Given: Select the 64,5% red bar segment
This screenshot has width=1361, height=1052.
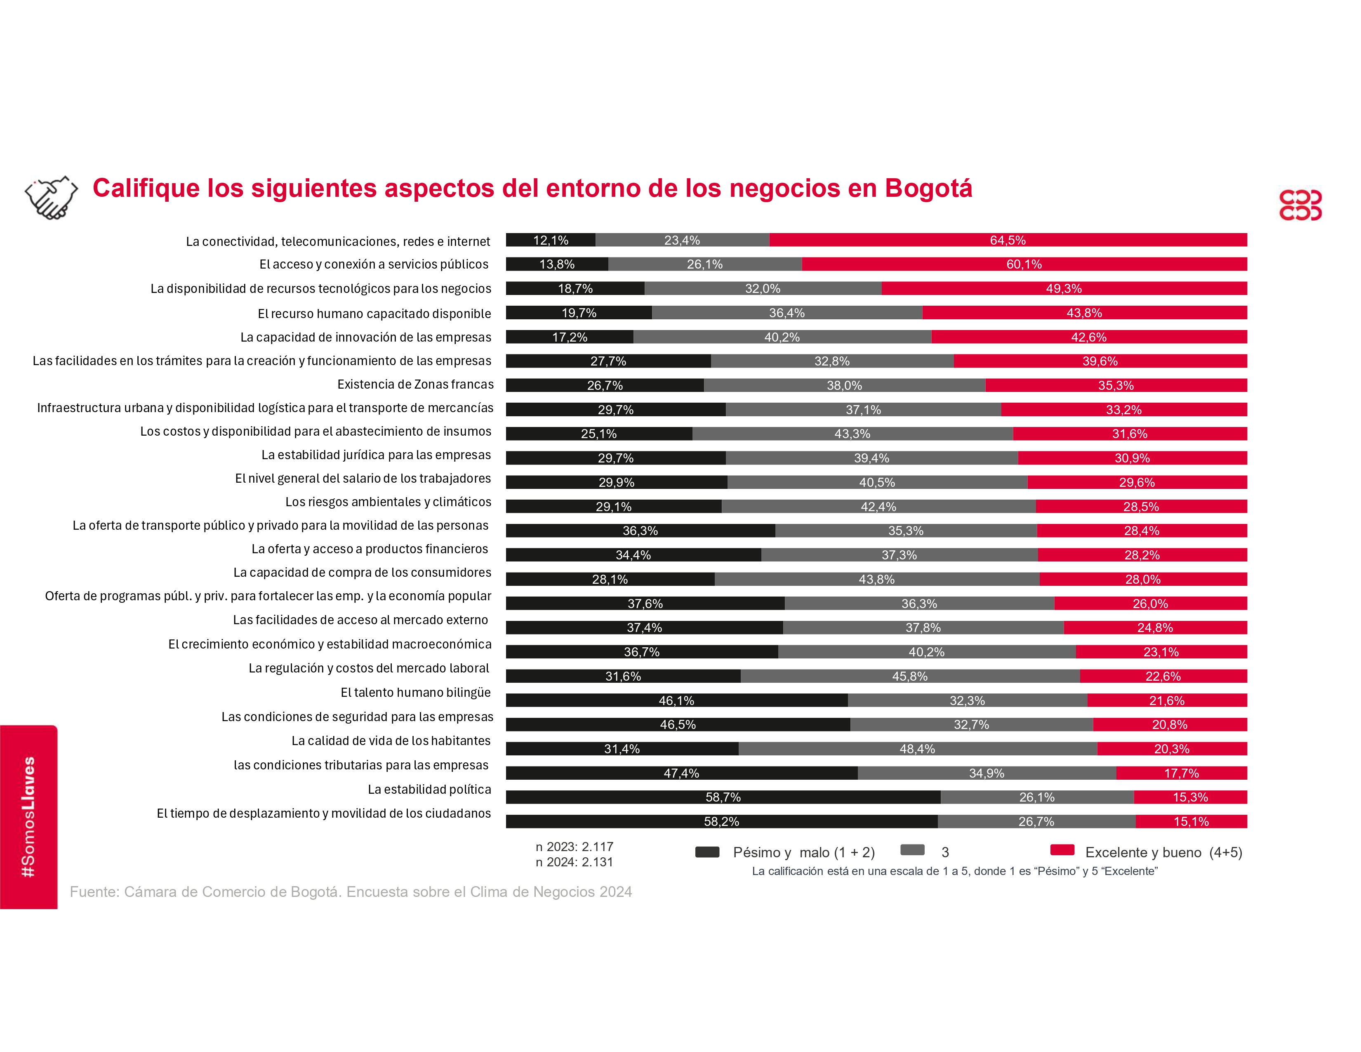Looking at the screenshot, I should click(x=1008, y=240).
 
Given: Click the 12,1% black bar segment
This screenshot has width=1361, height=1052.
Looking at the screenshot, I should click(x=550, y=240).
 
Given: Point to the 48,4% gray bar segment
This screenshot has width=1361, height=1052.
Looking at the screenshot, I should click(x=917, y=748).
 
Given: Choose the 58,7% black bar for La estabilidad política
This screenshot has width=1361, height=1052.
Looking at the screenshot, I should click(x=723, y=797).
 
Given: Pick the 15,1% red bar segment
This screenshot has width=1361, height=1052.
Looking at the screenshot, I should click(x=1191, y=821).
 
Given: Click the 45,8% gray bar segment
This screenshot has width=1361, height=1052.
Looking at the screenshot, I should click(x=910, y=676).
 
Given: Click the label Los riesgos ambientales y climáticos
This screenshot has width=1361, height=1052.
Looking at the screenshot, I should click(x=388, y=502).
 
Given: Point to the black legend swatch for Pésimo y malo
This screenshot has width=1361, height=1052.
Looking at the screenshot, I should click(x=707, y=852).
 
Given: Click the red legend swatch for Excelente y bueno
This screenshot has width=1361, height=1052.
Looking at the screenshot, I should click(x=1062, y=850).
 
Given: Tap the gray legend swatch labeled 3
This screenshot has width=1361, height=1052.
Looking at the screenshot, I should click(x=912, y=850).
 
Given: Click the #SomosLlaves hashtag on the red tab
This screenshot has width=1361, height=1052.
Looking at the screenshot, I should click(x=28, y=816).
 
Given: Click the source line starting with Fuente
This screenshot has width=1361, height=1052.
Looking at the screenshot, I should click(x=350, y=892).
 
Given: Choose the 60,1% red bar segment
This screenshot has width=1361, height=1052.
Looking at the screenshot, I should click(x=1024, y=264).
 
